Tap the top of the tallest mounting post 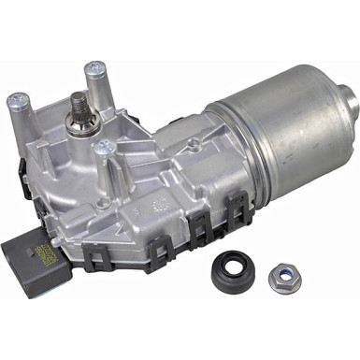[x=95, y=68]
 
